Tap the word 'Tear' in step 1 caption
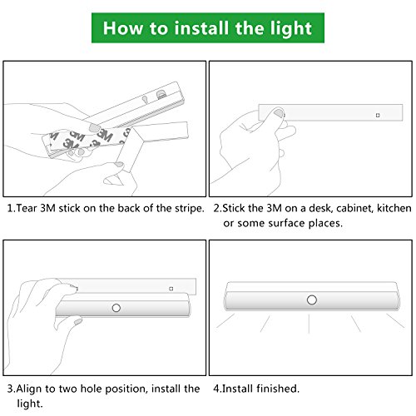[x=27, y=208]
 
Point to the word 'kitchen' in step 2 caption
[x=394, y=208]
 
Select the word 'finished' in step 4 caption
[x=278, y=389]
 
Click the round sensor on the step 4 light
[x=312, y=300]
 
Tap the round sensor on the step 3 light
[x=116, y=308]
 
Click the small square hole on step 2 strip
[x=378, y=115]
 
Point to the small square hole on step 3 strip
[x=171, y=289]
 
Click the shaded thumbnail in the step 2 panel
[x=279, y=113]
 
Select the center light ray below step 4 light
[x=309, y=323]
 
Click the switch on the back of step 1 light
[x=161, y=95]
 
